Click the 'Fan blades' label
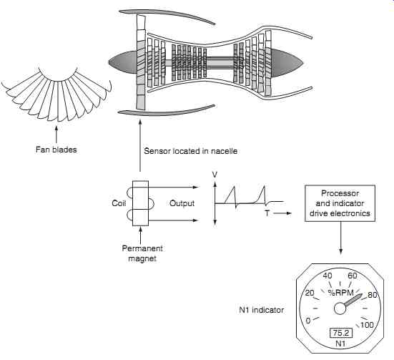click(x=56, y=150)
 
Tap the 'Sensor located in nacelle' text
click(x=191, y=151)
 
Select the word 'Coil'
click(x=119, y=203)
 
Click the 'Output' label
click(x=182, y=203)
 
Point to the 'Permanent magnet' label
click(x=142, y=253)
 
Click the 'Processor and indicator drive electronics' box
click(x=340, y=203)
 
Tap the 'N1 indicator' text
click(x=261, y=310)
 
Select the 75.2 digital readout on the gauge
click(x=341, y=333)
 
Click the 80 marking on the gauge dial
click(x=373, y=295)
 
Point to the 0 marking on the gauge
click(x=308, y=321)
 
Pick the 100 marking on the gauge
click(x=367, y=325)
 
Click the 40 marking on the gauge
click(x=327, y=276)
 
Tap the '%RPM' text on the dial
click(x=341, y=293)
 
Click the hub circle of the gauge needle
click(x=340, y=308)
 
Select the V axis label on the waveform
click(x=215, y=175)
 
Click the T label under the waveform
click(x=267, y=213)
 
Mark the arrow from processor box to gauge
click(x=341, y=238)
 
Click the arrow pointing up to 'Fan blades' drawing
click(x=56, y=135)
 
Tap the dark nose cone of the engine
click(x=123, y=62)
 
